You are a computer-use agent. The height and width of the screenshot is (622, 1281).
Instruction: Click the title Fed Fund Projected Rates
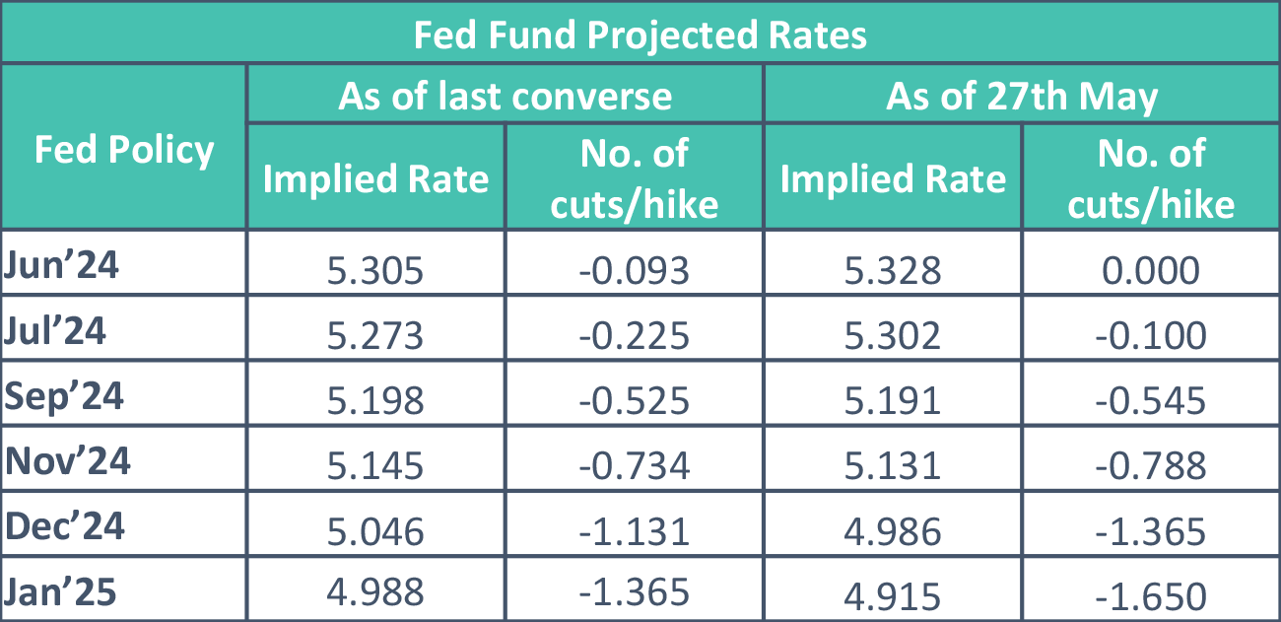[640, 35]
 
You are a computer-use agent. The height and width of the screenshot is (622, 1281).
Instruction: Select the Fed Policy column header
[124, 150]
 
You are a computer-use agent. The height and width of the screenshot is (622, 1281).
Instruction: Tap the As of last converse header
[505, 97]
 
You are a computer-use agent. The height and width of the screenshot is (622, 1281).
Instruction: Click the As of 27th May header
[1022, 97]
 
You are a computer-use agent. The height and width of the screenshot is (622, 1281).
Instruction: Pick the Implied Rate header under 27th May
[893, 178]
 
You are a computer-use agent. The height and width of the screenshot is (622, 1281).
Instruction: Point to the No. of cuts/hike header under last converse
[635, 178]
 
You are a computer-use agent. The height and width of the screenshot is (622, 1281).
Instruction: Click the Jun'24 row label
[61, 266]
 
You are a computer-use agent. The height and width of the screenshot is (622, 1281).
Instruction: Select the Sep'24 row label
[65, 396]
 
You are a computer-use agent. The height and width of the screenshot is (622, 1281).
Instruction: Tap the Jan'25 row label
[61, 591]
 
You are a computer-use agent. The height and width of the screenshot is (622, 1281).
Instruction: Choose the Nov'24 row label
[68, 461]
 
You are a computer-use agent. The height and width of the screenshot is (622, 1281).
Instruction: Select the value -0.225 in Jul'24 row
[635, 336]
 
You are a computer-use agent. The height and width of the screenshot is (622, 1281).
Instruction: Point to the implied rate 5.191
[893, 401]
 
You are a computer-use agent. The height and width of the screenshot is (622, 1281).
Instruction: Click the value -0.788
[1151, 465]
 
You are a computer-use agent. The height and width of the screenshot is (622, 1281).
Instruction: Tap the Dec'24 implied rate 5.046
[375, 531]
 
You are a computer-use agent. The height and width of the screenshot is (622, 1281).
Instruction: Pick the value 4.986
[893, 531]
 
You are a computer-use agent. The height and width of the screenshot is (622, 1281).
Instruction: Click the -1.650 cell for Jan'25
[1151, 595]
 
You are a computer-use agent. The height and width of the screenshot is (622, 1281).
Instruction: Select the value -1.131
[635, 531]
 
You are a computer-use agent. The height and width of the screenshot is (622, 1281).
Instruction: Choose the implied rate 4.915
[893, 595]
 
